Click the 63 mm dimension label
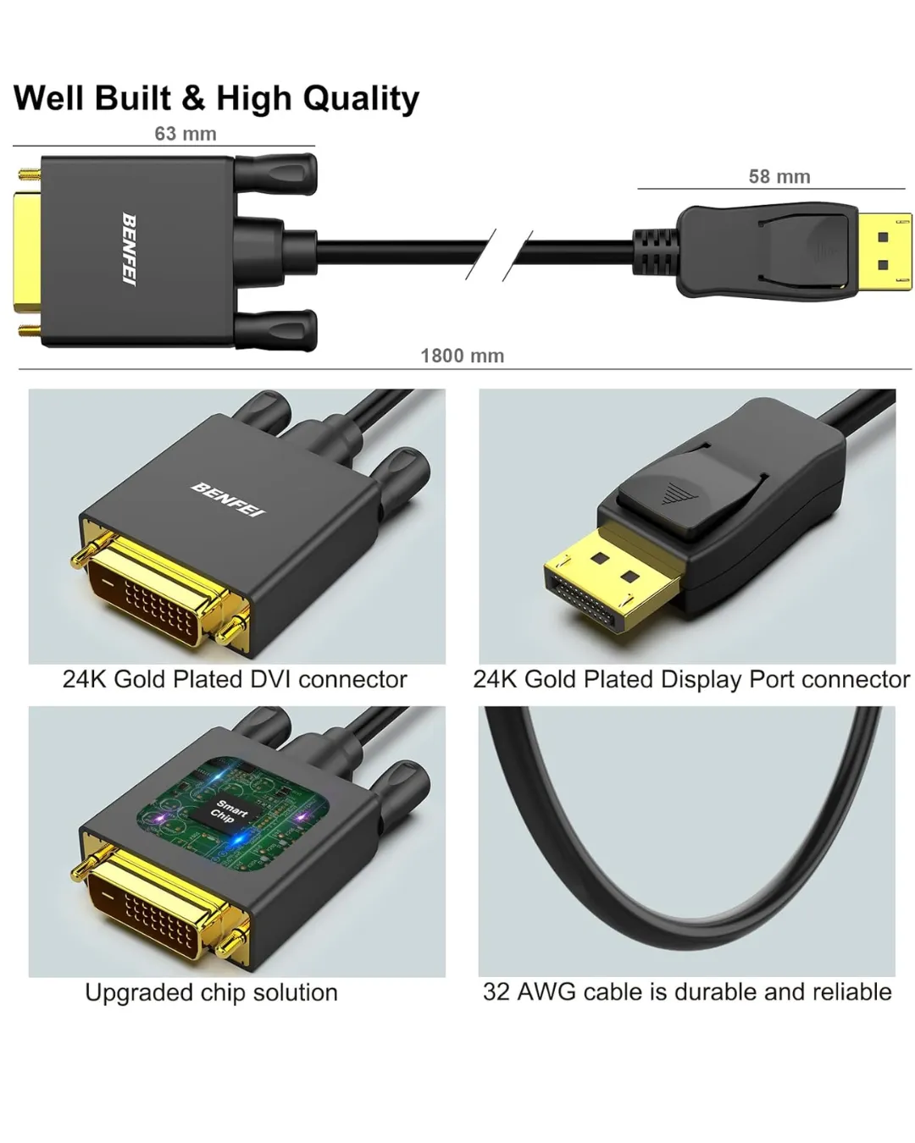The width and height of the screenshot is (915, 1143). coord(185,133)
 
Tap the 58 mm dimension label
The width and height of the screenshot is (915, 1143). coord(779,176)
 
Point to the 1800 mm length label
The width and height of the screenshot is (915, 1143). coord(462,356)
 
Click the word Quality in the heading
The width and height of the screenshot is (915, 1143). coord(361,99)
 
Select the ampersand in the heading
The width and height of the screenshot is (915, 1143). coord(193,98)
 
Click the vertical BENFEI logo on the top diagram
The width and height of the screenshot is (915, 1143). coord(129,250)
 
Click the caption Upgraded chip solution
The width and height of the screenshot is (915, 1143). coord(211,992)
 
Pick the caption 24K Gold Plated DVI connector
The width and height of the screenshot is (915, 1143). coord(235,679)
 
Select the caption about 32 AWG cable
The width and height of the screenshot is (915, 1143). coord(687,991)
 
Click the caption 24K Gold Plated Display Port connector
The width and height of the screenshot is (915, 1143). coord(691,679)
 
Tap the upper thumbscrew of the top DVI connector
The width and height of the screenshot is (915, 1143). coord(276,174)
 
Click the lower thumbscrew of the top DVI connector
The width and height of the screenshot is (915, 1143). coord(276,330)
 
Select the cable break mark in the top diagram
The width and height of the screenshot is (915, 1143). coord(498,255)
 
